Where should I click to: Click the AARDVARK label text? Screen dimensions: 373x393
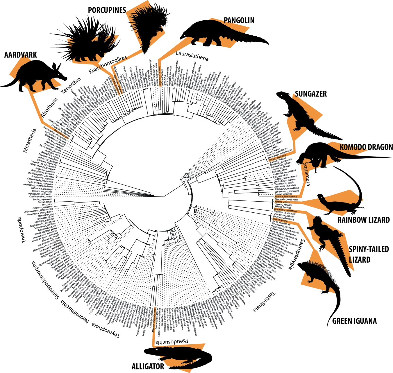tap(21, 55)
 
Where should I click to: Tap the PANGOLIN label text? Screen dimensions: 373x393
tap(239, 20)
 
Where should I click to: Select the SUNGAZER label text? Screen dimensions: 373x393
tap(311, 94)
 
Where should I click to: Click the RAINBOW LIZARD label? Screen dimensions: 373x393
tap(363, 220)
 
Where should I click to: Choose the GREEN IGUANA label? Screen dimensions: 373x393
tap(354, 321)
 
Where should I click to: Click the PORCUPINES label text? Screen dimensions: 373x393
tap(107, 10)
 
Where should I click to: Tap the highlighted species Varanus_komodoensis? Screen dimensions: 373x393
tap(285, 197)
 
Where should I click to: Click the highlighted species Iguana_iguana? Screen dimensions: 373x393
tap(279, 219)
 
